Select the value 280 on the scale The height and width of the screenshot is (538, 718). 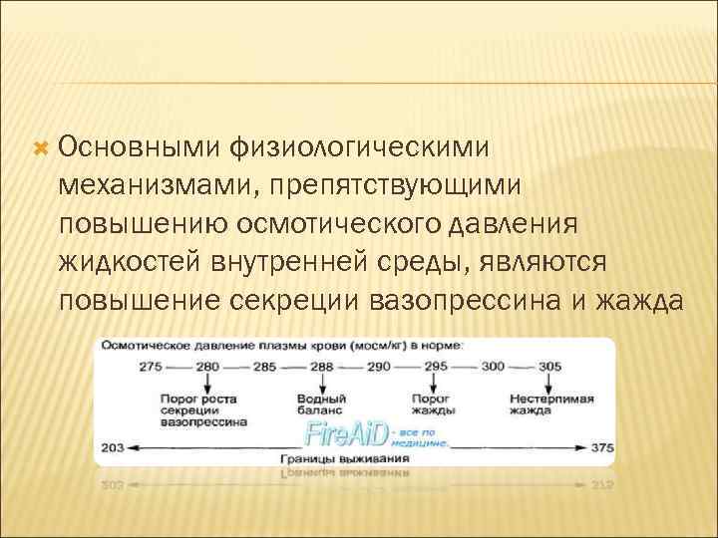207,367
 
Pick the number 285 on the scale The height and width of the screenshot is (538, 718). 264,367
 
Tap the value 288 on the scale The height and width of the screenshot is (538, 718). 321,367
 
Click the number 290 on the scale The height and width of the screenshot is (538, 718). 378,367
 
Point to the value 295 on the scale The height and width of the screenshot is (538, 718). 437,367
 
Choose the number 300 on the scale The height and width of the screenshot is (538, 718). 493,367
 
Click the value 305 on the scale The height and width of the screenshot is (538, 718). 549,367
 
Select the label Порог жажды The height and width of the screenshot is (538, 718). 434,403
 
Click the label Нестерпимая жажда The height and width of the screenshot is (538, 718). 549,403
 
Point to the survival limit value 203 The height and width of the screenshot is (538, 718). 113,447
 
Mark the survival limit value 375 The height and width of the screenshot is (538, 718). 602,447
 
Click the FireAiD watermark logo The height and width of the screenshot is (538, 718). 345,433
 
